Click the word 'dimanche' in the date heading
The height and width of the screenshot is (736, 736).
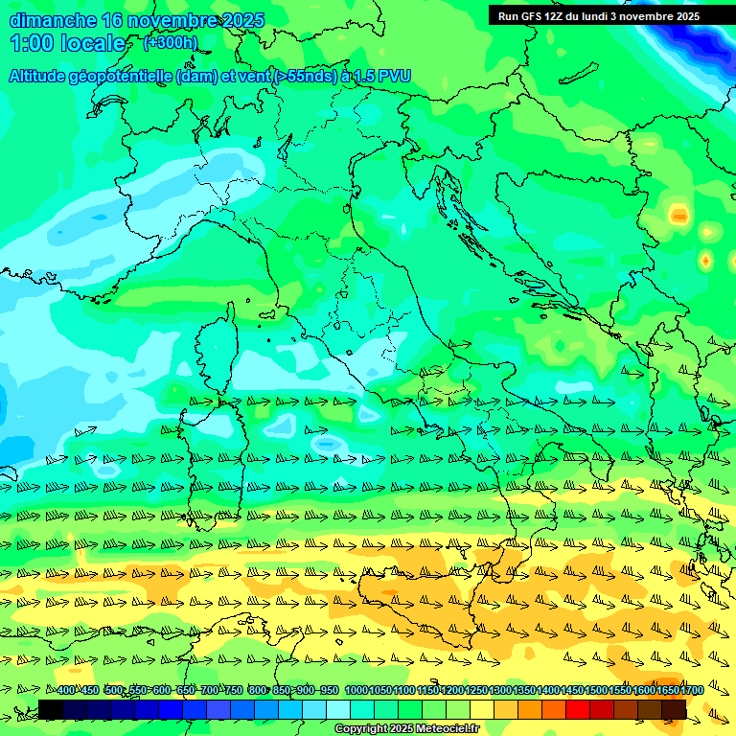(x=53, y=20)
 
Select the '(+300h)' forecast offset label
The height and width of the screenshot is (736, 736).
(x=170, y=42)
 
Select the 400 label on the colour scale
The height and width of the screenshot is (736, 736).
(x=65, y=691)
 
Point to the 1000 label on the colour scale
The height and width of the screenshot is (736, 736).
(x=356, y=691)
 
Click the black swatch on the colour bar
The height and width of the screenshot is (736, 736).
(x=51, y=709)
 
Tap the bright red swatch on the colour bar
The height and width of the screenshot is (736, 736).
(x=578, y=709)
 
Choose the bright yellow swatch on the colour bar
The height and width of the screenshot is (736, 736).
(x=482, y=709)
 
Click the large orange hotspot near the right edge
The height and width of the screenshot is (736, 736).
(x=678, y=216)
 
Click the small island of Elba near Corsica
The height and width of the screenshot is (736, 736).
(x=267, y=313)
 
